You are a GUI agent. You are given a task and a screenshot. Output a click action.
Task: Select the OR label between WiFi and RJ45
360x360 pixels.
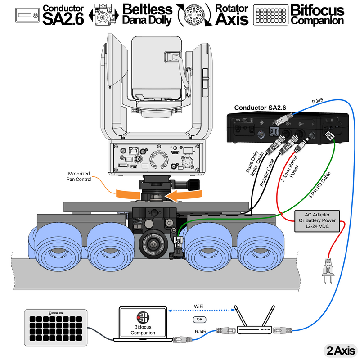pos(199,319)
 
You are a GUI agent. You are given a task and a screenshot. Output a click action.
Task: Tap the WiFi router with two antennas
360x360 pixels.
pos(255,324)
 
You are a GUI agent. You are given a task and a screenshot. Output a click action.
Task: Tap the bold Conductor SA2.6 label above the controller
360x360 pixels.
pos(261,108)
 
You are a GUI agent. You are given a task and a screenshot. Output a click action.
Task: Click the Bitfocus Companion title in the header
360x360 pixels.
pos(317,15)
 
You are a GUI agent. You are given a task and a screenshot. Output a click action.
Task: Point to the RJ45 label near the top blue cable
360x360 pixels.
pos(317,101)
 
